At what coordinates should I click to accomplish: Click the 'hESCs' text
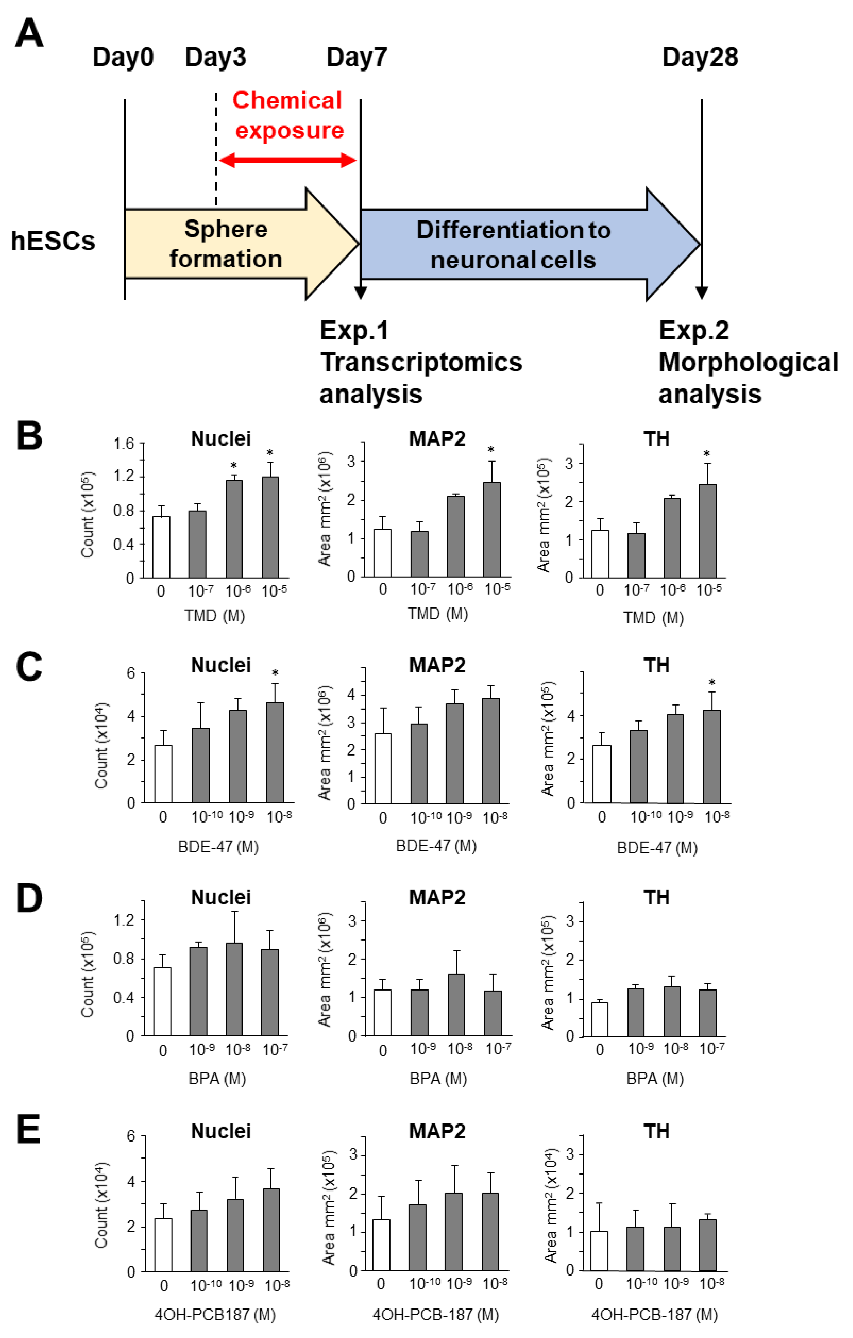53,241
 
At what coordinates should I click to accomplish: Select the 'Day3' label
215,57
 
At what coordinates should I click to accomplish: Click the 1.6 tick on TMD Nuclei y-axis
124,443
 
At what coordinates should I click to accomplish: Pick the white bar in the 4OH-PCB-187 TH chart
599,1250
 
